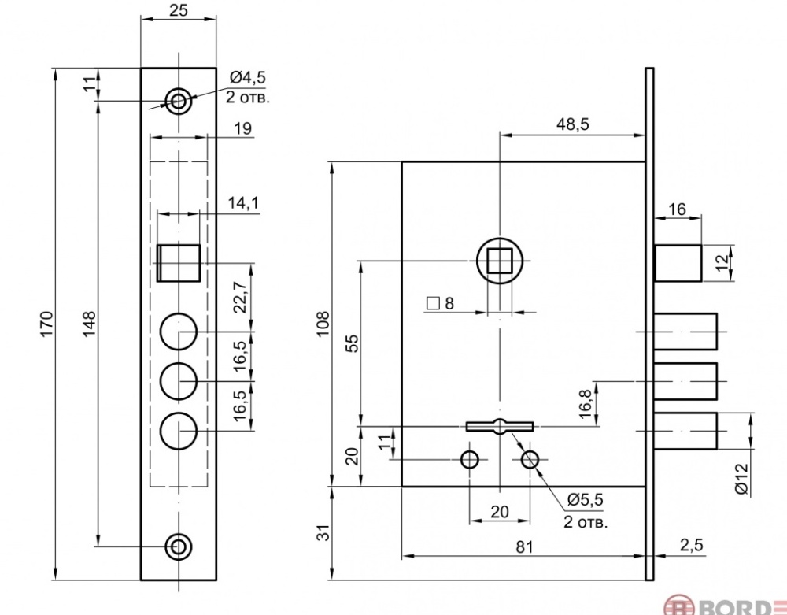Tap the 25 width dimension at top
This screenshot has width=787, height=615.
[178, 11]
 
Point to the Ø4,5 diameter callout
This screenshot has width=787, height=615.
[248, 77]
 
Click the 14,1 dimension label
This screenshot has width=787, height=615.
[243, 203]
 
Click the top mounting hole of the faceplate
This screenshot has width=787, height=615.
[179, 100]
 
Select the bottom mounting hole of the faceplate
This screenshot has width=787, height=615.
[179, 545]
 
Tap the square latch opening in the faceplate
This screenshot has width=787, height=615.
[179, 262]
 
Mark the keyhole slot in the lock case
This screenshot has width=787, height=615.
[500, 426]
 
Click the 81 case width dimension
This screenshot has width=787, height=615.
[523, 546]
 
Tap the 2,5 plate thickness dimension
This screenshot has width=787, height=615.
[691, 546]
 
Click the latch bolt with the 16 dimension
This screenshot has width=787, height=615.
[678, 262]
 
